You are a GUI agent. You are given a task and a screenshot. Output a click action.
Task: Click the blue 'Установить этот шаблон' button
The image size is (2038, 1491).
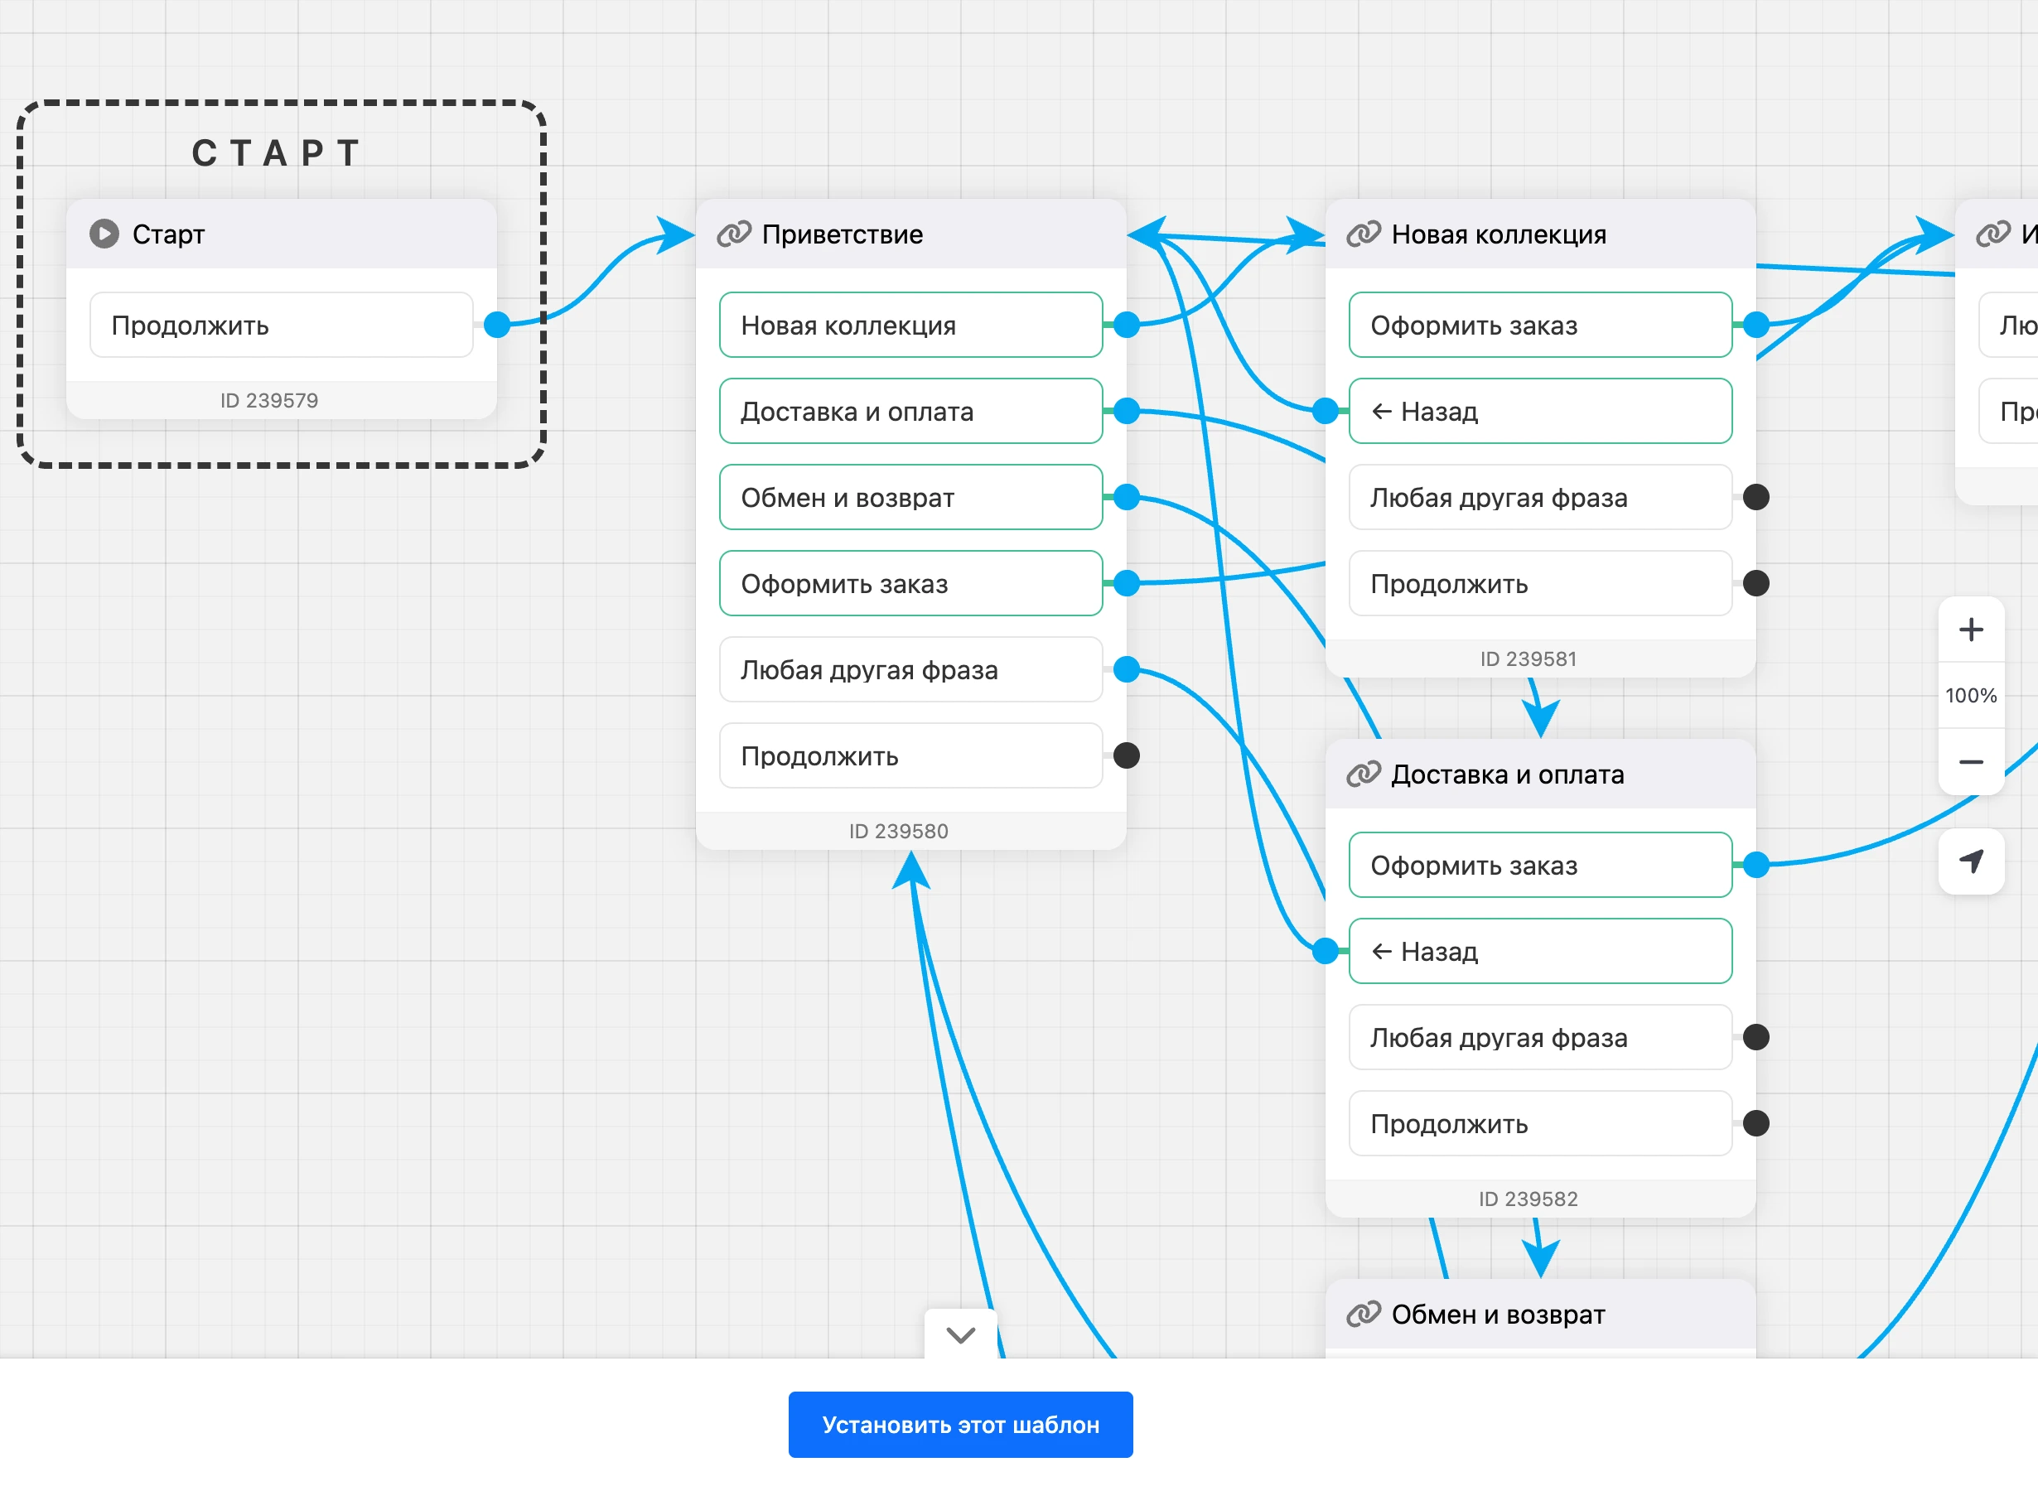click(960, 1424)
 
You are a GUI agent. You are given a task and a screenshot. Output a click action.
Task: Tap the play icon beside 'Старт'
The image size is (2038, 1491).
click(104, 234)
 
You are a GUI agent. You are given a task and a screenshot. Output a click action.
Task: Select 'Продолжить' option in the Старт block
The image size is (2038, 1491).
click(282, 325)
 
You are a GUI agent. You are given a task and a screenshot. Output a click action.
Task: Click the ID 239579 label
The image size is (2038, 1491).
click(269, 400)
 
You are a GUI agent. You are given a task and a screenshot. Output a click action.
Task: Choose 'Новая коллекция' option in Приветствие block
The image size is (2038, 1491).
click(910, 325)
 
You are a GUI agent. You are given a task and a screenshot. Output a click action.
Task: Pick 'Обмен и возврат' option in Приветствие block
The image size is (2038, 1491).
click(910, 497)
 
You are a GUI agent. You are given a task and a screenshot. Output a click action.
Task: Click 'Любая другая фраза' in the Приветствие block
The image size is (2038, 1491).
click(910, 669)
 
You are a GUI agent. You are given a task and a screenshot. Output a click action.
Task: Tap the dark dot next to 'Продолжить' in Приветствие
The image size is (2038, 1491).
click(1127, 755)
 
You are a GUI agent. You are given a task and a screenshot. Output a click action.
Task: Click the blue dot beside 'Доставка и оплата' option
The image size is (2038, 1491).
click(1127, 412)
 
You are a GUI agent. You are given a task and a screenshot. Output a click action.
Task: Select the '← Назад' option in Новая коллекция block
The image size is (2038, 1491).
click(1540, 412)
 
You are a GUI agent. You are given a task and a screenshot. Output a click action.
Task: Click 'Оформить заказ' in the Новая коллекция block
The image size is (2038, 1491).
click(1540, 325)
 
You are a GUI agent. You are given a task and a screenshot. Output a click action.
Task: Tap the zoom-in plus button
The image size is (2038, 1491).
click(1971, 629)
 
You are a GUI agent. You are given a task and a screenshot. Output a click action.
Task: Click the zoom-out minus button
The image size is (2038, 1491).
click(1971, 762)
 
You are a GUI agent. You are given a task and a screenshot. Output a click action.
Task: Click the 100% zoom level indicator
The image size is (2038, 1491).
click(1971, 696)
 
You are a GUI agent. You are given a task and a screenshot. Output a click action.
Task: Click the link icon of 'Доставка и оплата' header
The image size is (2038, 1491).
click(1363, 774)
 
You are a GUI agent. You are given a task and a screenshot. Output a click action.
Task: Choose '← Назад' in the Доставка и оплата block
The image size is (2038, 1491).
click(1540, 951)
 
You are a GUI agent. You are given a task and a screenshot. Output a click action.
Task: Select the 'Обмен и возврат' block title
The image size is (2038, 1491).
click(1499, 1314)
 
